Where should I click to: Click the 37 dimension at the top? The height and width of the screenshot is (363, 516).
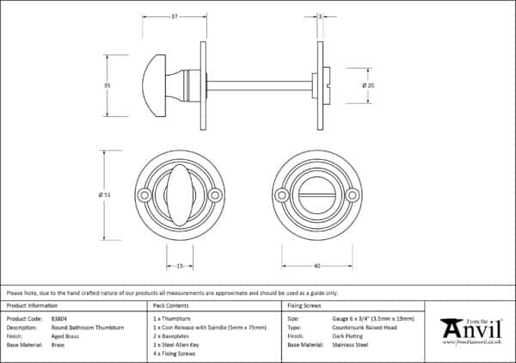tap(174, 16)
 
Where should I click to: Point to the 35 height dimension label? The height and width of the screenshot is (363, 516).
tap(107, 85)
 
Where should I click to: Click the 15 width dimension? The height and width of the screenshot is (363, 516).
tap(179, 267)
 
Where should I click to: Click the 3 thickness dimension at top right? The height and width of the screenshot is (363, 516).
tap(320, 16)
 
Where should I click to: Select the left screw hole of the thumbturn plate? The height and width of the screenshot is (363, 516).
tap(143, 196)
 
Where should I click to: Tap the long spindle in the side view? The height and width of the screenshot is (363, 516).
tap(258, 85)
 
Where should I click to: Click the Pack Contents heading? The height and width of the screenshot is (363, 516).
tap(170, 305)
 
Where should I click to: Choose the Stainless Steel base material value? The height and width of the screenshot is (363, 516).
tap(349, 344)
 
